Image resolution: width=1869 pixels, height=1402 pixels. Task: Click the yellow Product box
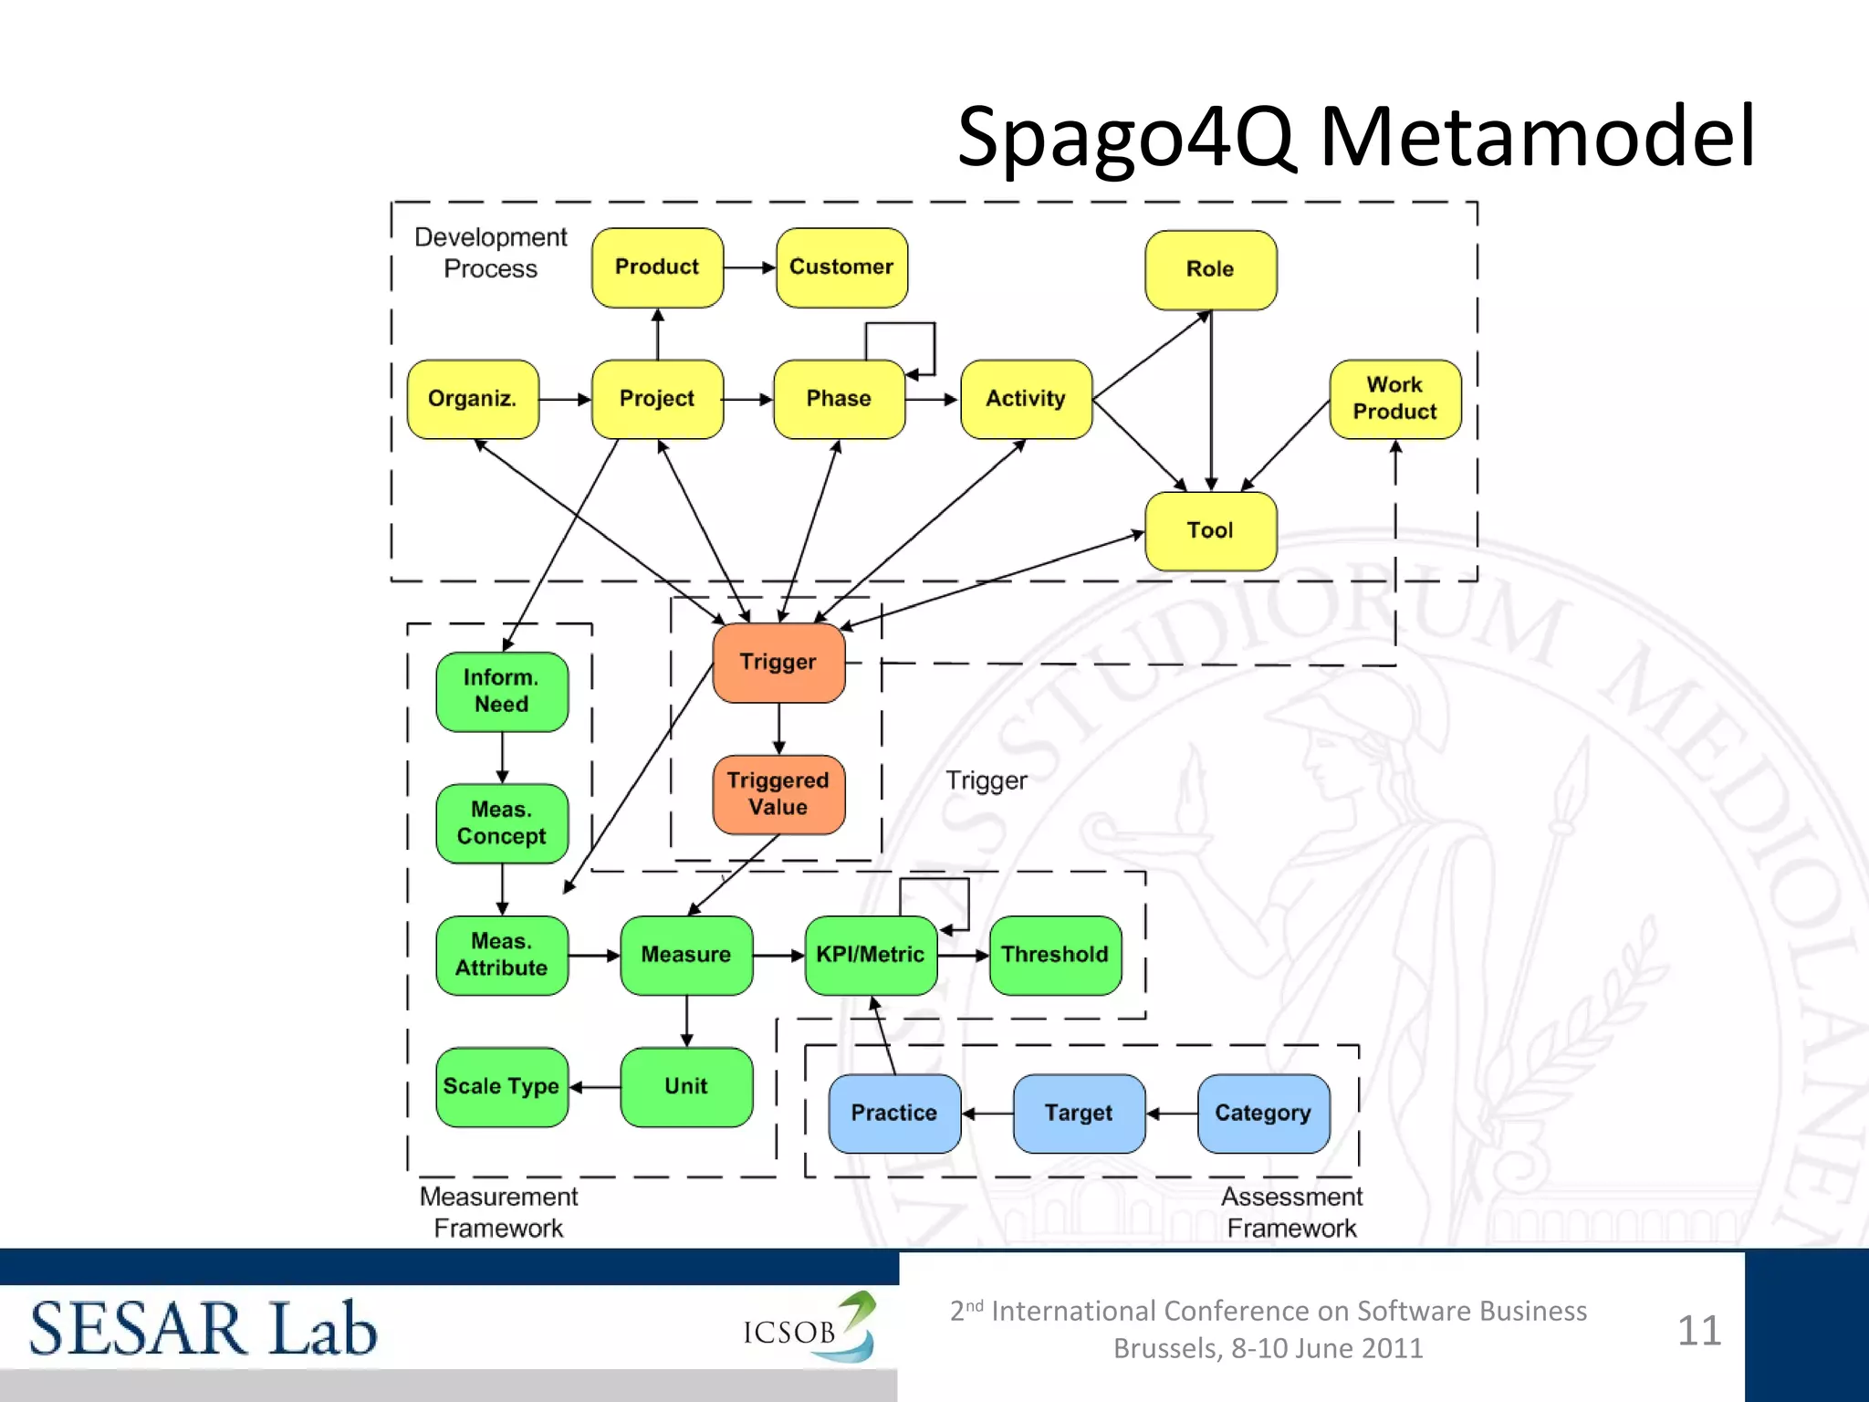657,267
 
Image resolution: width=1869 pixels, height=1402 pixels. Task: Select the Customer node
841,267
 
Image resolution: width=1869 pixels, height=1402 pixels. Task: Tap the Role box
1210,269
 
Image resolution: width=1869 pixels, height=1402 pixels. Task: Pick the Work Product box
1394,399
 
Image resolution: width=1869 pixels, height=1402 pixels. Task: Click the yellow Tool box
1210,530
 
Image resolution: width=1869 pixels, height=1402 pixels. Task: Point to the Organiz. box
473,399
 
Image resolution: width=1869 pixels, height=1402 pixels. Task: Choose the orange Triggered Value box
778,794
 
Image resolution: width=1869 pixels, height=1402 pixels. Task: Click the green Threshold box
1055,955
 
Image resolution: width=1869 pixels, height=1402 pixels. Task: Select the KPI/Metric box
871,955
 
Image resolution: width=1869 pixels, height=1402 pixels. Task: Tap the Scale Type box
502,1086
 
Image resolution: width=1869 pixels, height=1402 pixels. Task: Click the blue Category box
1263,1113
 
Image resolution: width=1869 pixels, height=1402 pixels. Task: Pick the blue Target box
1079,1113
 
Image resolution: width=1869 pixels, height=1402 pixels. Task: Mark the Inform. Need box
502,691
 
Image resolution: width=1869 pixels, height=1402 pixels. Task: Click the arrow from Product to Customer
749,267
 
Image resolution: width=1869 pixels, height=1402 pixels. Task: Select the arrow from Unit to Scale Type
595,1087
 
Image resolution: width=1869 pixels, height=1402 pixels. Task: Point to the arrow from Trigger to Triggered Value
778,728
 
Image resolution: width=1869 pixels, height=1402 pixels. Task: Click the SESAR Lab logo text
204,1329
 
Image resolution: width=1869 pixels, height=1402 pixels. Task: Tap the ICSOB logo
809,1329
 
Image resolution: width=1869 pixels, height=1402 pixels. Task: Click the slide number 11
1698,1331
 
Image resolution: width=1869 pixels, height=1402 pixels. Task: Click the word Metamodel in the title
1537,137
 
